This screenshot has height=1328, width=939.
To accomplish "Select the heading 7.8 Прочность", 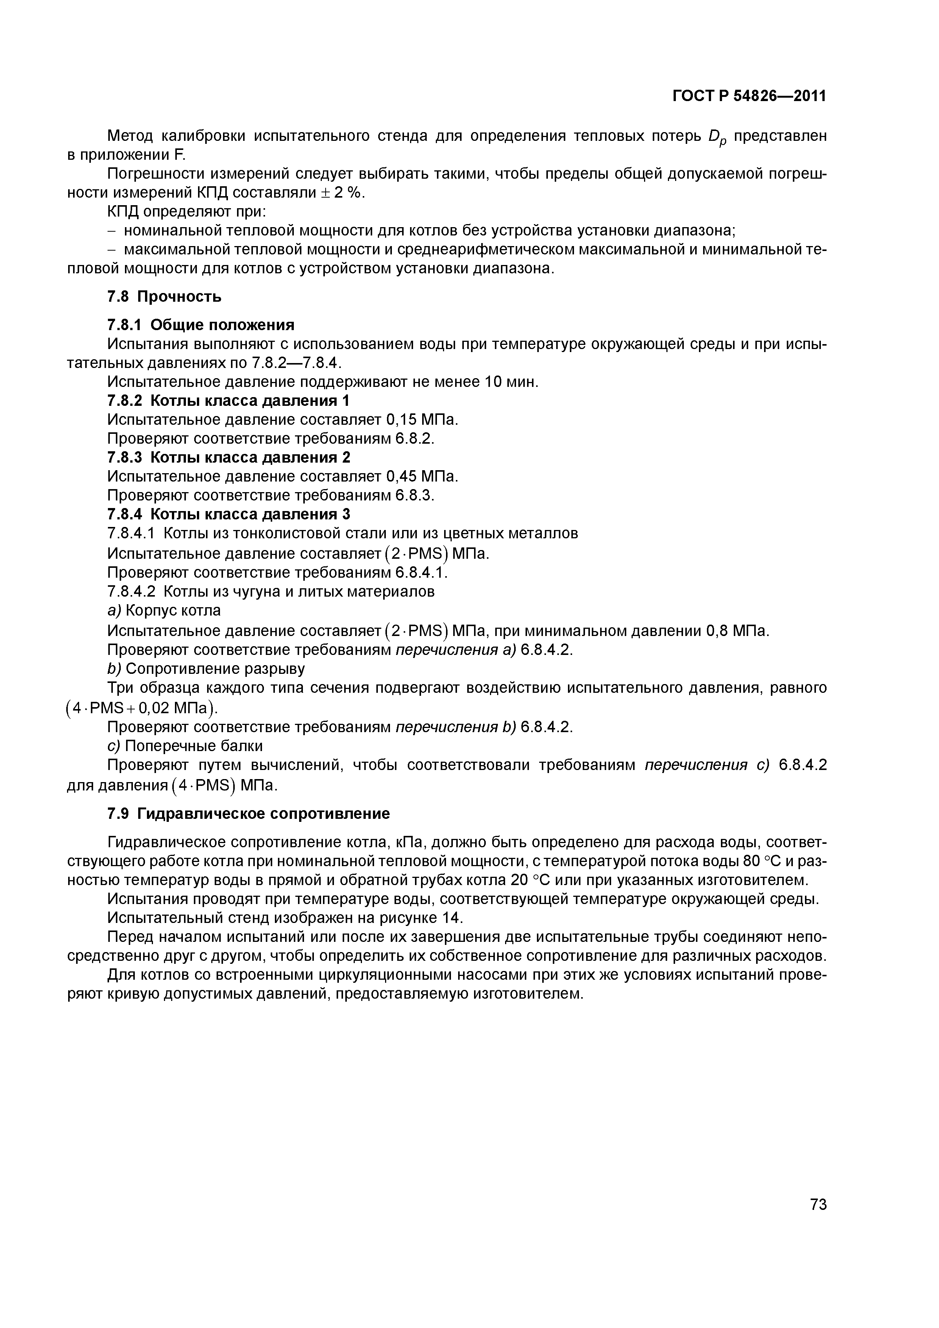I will [x=164, y=297].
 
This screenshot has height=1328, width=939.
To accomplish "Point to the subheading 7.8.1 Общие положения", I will [x=201, y=324].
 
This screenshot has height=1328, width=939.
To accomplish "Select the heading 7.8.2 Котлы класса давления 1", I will [x=229, y=401].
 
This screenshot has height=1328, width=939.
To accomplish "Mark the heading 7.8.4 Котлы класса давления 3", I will [x=229, y=514].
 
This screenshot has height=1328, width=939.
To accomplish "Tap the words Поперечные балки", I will [x=194, y=745].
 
